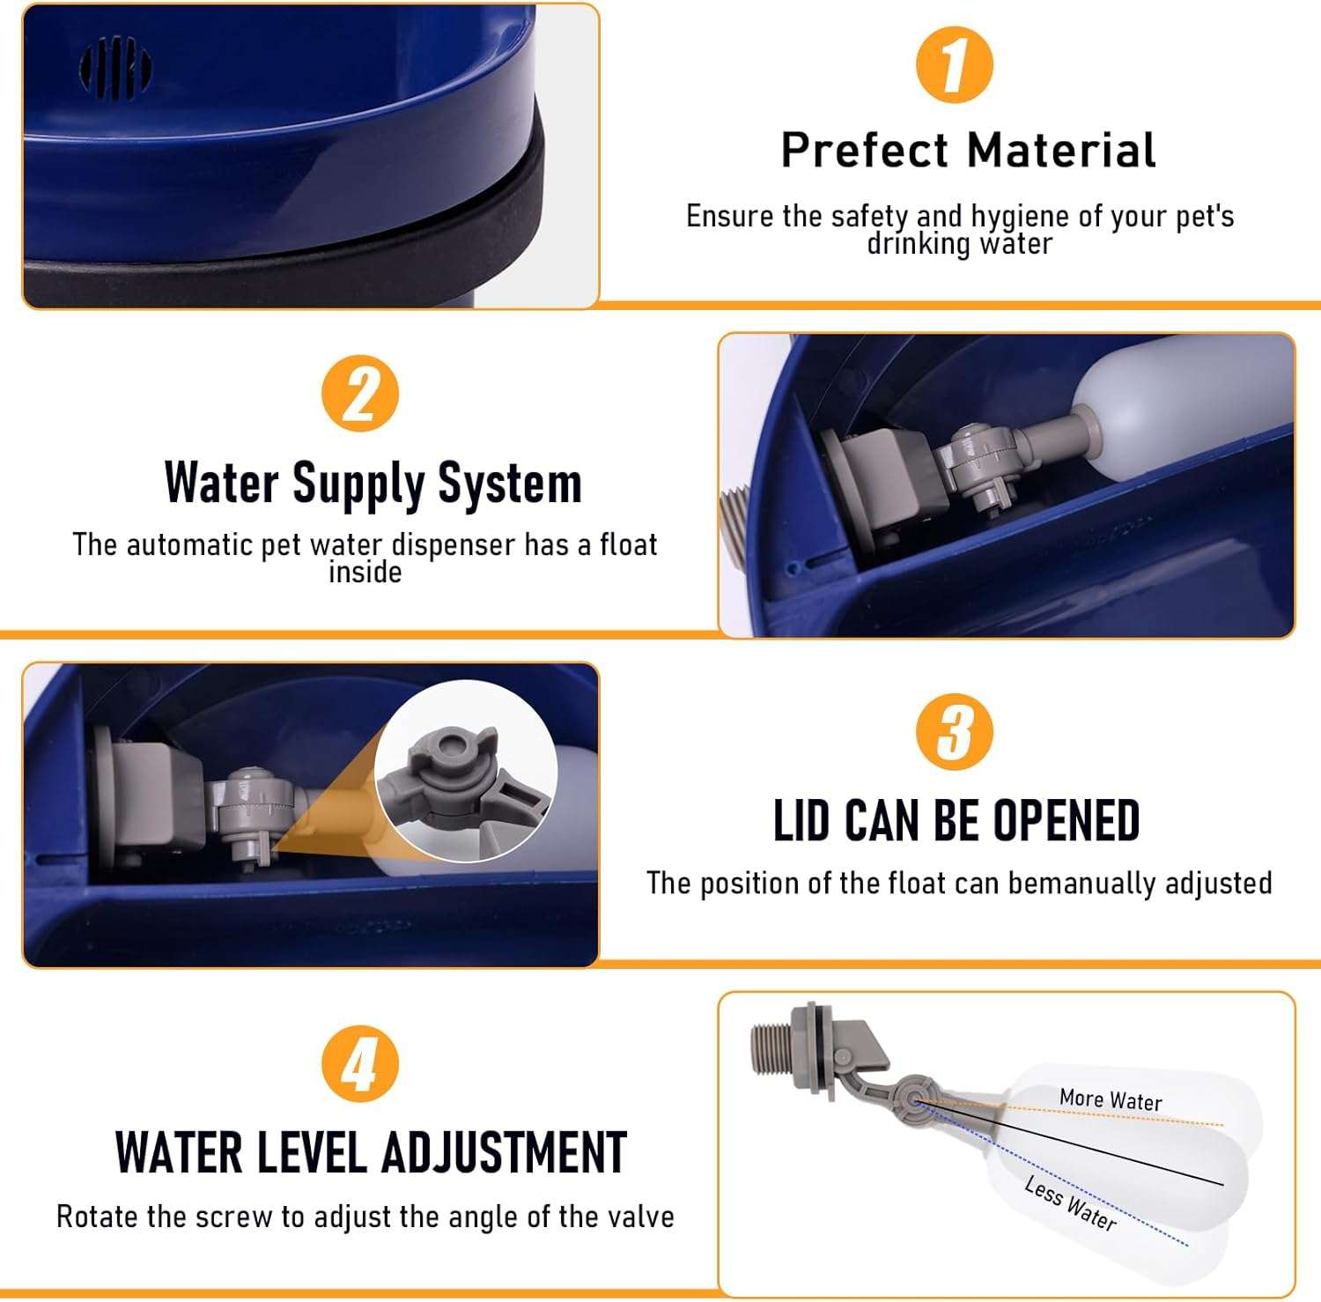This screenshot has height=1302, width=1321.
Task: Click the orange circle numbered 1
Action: click(955, 64)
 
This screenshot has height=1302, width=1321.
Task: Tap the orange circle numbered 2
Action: click(360, 393)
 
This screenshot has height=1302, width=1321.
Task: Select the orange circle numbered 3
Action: click(955, 732)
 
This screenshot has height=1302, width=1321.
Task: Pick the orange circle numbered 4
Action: click(360, 1063)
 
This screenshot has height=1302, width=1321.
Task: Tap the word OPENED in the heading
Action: click(1066, 820)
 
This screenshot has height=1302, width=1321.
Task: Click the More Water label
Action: click(1111, 1099)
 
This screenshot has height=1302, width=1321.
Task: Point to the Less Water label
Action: click(1071, 1204)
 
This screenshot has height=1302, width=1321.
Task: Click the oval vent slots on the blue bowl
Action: click(115, 66)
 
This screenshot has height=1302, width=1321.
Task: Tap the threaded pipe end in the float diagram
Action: click(772, 1048)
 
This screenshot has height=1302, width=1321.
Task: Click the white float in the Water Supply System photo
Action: click(1180, 405)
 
